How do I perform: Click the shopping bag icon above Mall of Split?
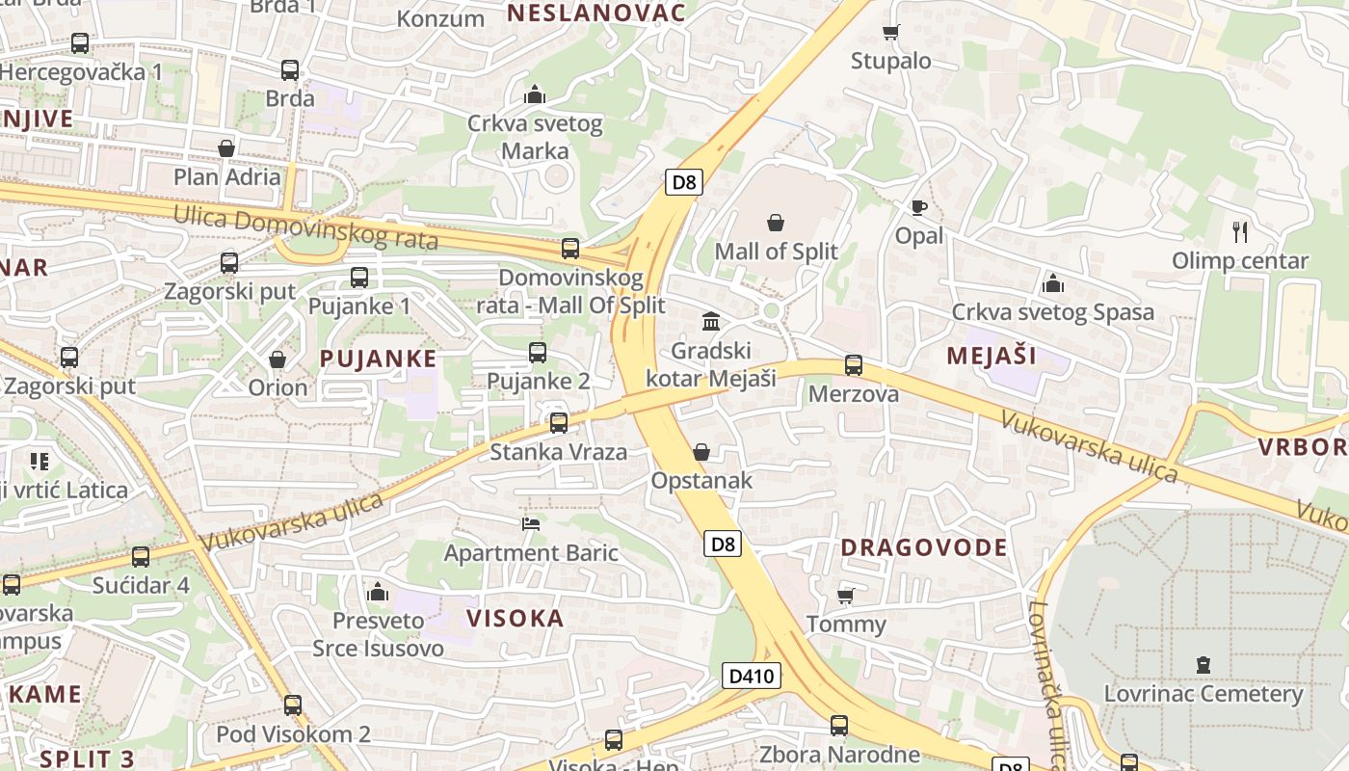coord(776,224)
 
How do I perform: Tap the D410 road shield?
coord(751,676)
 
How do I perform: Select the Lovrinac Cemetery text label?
coord(1203,694)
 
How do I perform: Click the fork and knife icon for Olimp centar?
coord(1240,231)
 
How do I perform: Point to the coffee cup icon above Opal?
coord(918,207)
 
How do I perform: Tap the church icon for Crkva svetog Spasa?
coord(1052,283)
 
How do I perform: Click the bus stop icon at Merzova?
coord(853,365)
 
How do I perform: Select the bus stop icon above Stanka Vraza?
coord(558,423)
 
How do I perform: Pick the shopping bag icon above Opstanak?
coord(701,452)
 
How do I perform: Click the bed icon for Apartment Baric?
coord(530,524)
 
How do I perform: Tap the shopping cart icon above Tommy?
coord(845,596)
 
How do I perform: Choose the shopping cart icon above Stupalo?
coord(890,33)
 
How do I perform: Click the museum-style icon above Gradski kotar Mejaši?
coord(711,321)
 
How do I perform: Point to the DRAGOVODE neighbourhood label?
coord(923,547)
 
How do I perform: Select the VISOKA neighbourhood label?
coord(515,618)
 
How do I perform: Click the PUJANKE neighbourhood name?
coord(378,359)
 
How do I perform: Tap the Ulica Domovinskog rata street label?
coord(305,228)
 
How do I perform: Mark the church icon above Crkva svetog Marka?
coord(534,94)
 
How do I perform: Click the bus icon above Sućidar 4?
coord(141,557)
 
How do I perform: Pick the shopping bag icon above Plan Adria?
coord(226,148)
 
